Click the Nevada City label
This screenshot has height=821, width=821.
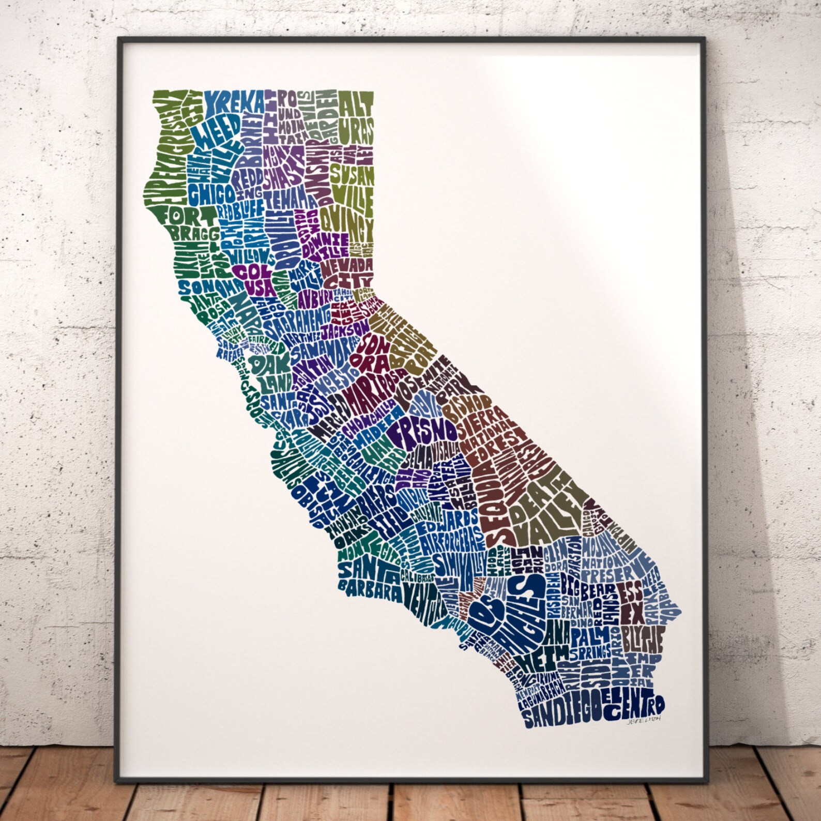tap(347, 273)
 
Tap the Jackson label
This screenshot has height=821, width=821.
tap(345, 329)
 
